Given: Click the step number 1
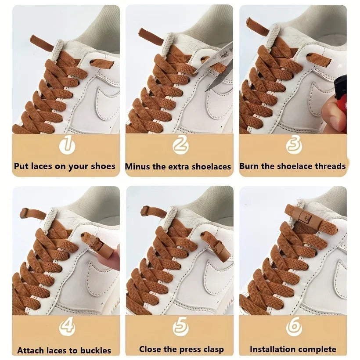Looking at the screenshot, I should (x=66, y=144).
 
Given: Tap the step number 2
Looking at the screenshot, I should (x=180, y=144).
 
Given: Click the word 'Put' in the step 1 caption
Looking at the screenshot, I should (x=21, y=166).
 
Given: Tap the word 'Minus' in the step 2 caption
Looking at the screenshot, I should (x=137, y=167).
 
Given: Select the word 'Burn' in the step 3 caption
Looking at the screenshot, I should (x=249, y=166).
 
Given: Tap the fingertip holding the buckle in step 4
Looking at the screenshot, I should (x=115, y=263).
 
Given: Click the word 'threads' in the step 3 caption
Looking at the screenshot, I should (x=328, y=166).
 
